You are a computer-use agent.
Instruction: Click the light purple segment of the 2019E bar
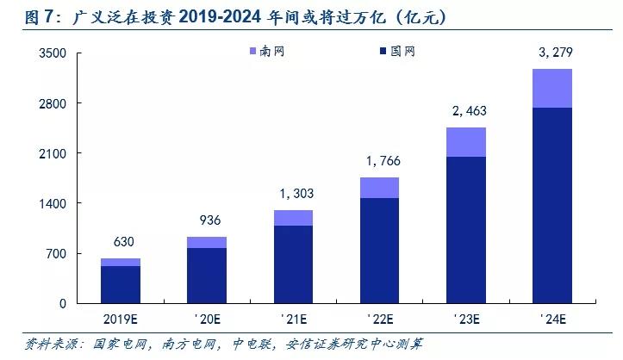pos(121,262)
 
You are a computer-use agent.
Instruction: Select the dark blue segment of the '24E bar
pos(552,205)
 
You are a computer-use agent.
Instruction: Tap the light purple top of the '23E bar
pos(465,142)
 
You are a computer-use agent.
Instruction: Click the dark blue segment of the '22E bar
pos(379,250)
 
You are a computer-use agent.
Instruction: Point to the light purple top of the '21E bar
pos(293,218)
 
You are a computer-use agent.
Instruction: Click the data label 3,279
pos(552,54)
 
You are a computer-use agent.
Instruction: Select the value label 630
pos(121,244)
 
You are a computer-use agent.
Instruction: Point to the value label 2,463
pos(465,112)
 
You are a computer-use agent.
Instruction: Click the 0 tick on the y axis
pos(64,303)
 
